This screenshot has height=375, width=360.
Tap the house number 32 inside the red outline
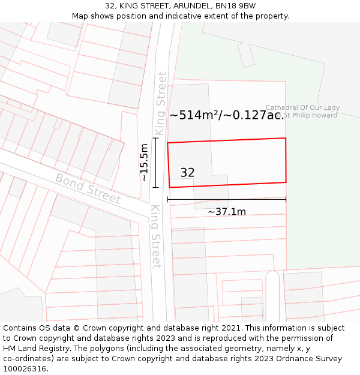coord(187,173)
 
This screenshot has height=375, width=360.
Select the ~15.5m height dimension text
coord(144,163)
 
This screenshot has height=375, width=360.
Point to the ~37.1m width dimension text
coord(227,212)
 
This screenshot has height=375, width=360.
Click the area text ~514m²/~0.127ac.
coord(226,115)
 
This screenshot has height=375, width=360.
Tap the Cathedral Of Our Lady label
coord(302,108)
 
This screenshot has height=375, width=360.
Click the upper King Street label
coord(160,103)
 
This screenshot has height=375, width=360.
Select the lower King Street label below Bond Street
coord(155,236)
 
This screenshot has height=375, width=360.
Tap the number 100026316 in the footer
coord(25,369)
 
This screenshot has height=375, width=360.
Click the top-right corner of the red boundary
coord(286,138)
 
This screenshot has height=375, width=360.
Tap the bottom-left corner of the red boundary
coord(170,187)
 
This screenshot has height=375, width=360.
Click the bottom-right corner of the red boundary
coord(286,182)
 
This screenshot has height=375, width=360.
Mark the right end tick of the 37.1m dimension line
coord(286,200)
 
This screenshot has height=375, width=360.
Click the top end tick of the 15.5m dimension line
coord(155,138)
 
